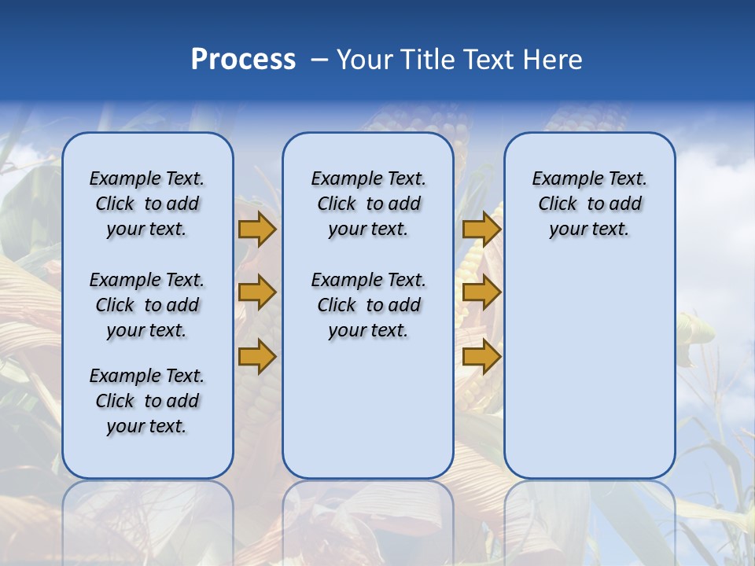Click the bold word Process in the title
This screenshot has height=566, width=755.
click(x=243, y=60)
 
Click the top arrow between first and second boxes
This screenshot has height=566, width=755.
click(x=257, y=229)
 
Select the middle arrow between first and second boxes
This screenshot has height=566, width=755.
click(x=257, y=292)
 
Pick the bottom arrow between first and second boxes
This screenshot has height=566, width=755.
click(x=257, y=357)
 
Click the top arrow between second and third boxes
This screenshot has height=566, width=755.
click(x=481, y=229)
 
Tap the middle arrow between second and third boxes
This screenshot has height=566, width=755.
click(x=481, y=292)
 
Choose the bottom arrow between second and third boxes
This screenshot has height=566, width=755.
click(x=481, y=357)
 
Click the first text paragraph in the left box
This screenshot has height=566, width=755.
click(x=147, y=204)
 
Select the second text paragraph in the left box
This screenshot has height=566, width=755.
click(x=147, y=305)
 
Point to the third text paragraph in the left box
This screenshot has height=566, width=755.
click(x=147, y=401)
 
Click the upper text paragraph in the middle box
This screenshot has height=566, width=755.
click(x=368, y=204)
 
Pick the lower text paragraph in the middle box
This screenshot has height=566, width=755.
click(x=368, y=305)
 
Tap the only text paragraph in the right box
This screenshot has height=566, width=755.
click(x=589, y=204)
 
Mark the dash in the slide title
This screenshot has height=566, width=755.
click(x=319, y=60)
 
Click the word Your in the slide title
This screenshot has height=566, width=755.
click(x=363, y=60)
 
